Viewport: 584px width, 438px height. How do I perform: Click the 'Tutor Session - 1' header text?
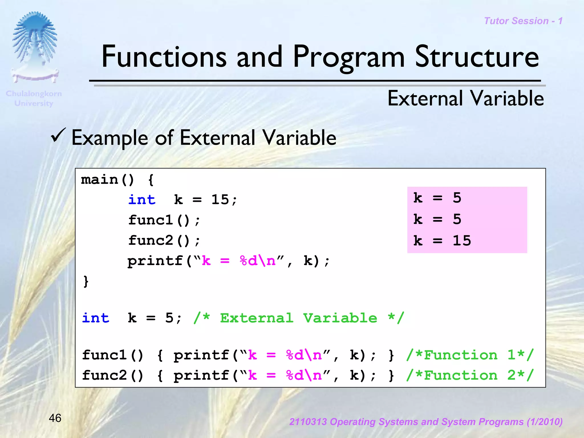pos(523,21)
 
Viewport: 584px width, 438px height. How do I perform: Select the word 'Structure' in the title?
pos(476,57)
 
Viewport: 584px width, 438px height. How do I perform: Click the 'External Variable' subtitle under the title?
pos(465,99)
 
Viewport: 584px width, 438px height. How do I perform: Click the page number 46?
pos(55,418)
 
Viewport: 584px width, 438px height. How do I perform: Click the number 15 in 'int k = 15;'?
pos(220,199)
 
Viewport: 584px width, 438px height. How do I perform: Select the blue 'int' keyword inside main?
pos(142,199)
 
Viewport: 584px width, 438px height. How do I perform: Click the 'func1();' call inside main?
pos(164,220)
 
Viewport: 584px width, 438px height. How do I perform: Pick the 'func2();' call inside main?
pos(164,241)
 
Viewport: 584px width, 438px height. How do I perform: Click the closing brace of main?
pos(86,281)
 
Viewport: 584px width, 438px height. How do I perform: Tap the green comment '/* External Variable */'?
pos(299,318)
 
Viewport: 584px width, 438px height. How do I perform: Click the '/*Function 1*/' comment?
pos(470,355)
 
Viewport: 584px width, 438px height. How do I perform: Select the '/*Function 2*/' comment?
pos(470,375)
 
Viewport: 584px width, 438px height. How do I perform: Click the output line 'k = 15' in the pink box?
pos(442,241)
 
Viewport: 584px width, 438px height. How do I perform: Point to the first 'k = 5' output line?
pos(437,198)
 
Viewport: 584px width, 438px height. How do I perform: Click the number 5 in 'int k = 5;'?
pos(169,318)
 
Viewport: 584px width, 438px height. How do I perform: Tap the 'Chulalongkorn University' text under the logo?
pos(34,98)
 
